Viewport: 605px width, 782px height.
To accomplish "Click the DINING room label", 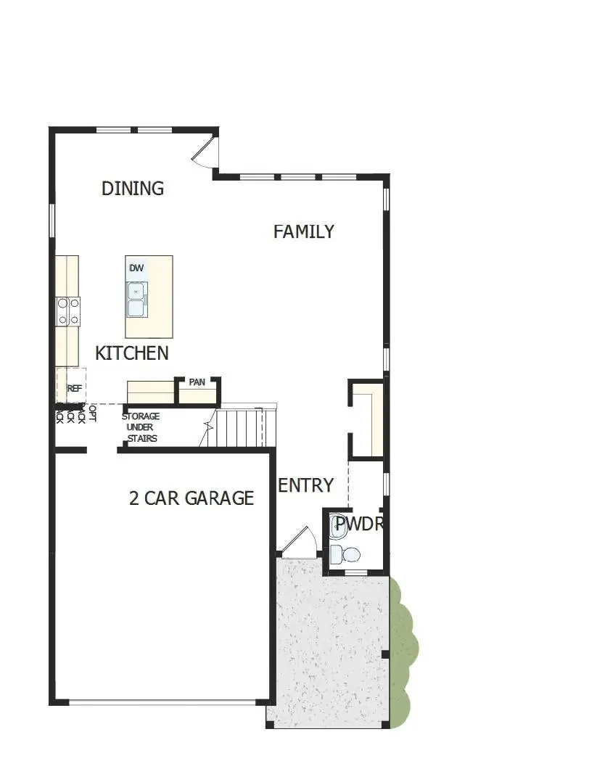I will click(133, 189).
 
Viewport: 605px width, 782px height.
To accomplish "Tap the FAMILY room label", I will click(304, 231).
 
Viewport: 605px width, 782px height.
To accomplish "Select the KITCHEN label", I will click(132, 353).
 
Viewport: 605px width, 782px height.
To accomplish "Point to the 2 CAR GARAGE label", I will click(192, 498).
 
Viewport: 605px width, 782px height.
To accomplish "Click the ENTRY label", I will click(306, 485).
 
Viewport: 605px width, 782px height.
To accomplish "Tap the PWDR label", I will click(358, 524).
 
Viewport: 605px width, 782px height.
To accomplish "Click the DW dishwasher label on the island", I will click(136, 268).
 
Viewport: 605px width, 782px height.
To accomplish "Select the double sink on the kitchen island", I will click(136, 300).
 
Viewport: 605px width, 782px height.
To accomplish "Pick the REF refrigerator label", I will click(74, 388).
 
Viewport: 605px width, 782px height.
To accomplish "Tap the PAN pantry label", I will click(197, 382).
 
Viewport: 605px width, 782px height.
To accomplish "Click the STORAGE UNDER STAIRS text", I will click(141, 427).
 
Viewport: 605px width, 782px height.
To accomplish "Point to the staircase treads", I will click(239, 428).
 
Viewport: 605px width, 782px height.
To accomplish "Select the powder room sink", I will click(338, 527).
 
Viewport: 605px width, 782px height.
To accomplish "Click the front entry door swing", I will click(299, 543).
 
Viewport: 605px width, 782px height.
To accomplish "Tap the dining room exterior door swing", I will click(204, 151).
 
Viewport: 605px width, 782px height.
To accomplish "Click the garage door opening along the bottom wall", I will click(162, 701).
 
